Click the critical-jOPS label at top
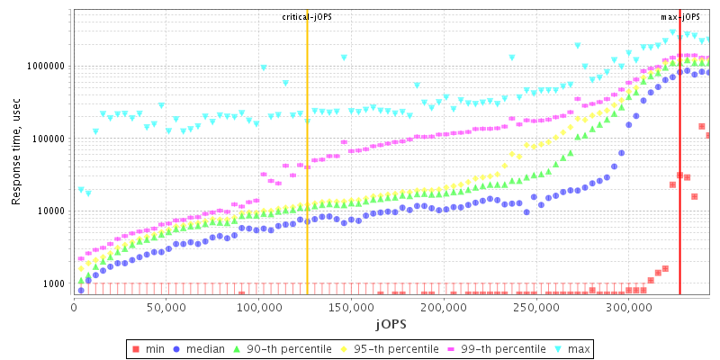click(x=307, y=16)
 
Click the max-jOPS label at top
click(x=679, y=16)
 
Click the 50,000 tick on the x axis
click(x=166, y=308)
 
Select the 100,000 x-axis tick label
click(x=258, y=308)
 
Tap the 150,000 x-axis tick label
click(x=351, y=308)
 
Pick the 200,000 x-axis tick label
click(x=444, y=308)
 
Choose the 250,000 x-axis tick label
click(x=536, y=308)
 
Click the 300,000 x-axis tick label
click(x=629, y=308)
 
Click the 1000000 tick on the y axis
click(x=42, y=67)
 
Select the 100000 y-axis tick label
click(x=45, y=139)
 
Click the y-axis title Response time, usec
click(x=16, y=153)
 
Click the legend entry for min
click(x=151, y=348)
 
